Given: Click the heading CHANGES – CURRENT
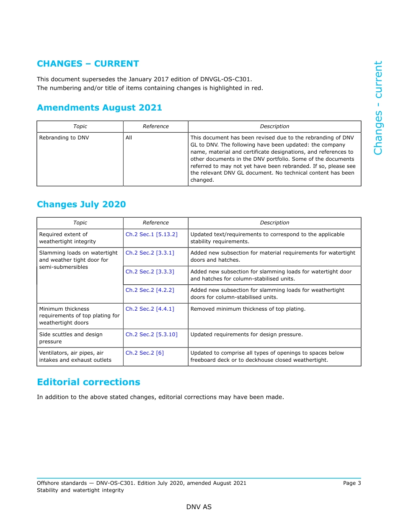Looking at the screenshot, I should coord(88,64).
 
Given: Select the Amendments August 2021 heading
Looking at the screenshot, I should coord(99,108).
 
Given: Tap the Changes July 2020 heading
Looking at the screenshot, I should coord(81,204).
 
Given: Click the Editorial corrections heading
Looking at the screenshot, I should coord(88,382).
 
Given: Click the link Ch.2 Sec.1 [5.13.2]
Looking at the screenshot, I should coord(151,234).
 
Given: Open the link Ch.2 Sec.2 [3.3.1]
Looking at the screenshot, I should coord(150,253).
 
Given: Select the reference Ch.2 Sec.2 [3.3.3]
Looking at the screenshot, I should coord(150,272).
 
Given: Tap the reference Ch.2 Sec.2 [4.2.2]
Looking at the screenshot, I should coord(150,290).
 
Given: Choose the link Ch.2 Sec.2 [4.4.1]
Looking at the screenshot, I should coord(150,309).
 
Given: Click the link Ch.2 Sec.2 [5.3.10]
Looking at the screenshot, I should coord(151,335).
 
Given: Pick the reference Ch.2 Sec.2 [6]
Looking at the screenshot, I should coord(145,353).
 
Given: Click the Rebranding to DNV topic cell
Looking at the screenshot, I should coord(64,138).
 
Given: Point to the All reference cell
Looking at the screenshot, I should coord(129,138).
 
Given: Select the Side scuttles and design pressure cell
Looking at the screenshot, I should coord(71,338).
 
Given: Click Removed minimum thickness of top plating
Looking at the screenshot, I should coord(248,309).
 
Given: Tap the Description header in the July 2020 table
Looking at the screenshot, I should coord(274,223).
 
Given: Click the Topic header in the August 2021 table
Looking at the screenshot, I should coord(80,126).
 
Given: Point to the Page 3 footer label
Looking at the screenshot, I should coord(351,483).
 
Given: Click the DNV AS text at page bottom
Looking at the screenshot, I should coord(199,507).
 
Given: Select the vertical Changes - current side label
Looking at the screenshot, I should coord(378,108).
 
